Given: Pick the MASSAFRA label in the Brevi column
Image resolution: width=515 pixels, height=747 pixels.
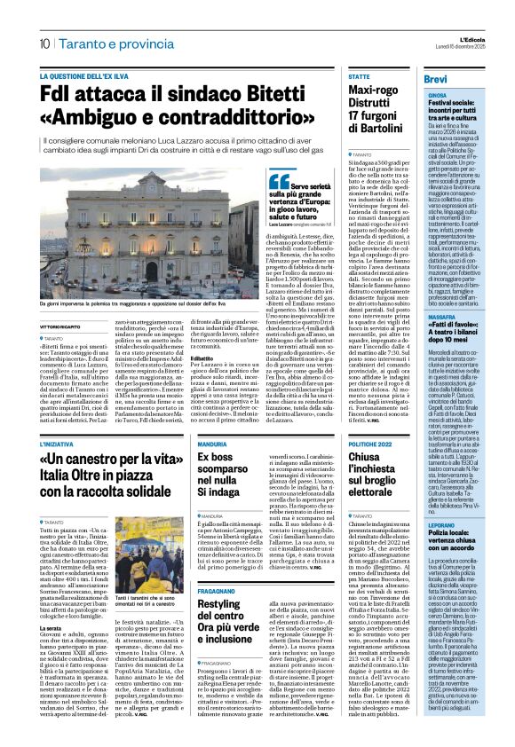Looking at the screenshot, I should tap(416, 315).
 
